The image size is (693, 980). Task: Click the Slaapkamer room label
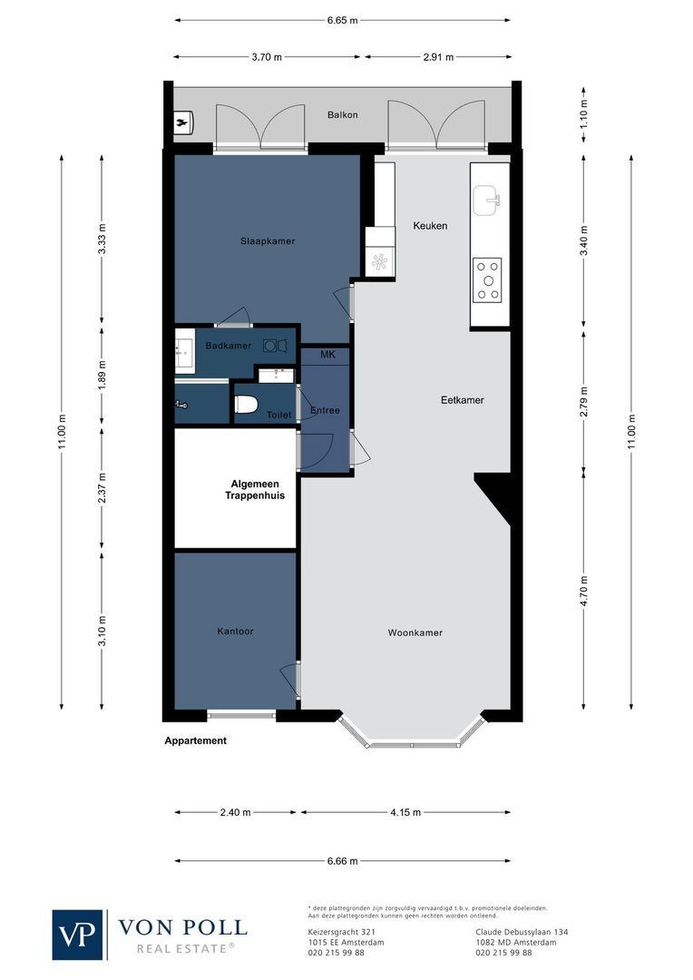coord(268,240)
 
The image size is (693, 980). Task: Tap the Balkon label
coord(343,115)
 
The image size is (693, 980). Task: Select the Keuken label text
coord(430,226)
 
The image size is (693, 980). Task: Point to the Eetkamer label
coord(462,399)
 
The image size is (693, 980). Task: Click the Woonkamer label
coord(415,632)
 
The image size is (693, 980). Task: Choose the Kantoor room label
coord(235,631)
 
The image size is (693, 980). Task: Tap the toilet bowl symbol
coord(248,405)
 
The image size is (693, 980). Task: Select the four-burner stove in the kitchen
coord(488,279)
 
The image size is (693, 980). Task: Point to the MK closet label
coord(327,355)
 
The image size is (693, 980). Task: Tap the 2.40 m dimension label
coord(235,813)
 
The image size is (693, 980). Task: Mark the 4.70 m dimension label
coord(584,591)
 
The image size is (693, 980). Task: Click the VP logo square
coord(79,935)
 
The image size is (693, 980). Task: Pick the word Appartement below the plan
coord(195,740)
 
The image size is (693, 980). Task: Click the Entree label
coord(325,410)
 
